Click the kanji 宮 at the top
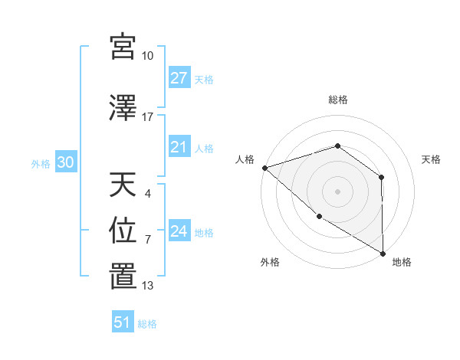coord(123,47)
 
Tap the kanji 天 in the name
coord(123,184)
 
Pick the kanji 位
coord(123,230)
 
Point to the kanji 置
coord(123,276)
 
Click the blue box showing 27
coord(179,78)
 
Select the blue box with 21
coord(179,148)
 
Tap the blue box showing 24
coord(179,232)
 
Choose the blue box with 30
coord(64,163)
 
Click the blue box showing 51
coord(122,323)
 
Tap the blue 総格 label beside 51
coord(147,324)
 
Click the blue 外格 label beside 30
coord(41,164)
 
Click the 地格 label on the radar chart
coord(402,262)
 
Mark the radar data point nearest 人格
coord(264,168)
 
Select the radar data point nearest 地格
coord(383,253)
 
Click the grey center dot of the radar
coord(337,191)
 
